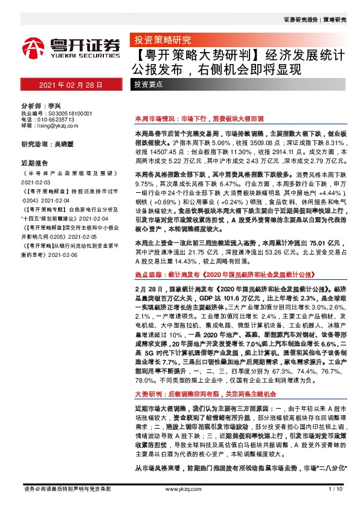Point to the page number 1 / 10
pos(335,504)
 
